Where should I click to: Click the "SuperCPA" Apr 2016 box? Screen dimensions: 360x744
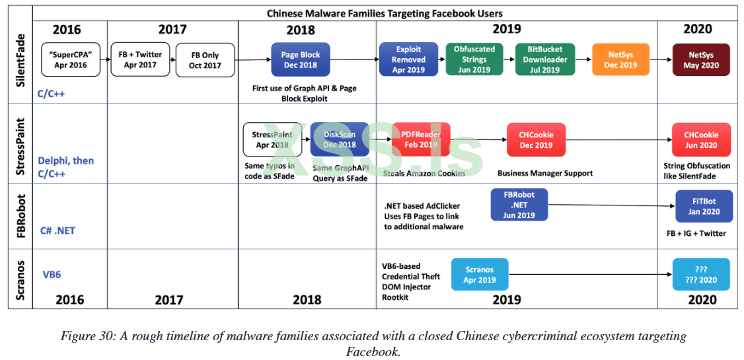pyautogui.click(x=71, y=60)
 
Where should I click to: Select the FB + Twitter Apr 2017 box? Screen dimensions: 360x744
pyautogui.click(x=140, y=60)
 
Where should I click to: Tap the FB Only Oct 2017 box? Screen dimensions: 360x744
pyautogui.click(x=204, y=60)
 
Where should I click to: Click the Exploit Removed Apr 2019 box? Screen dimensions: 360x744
pyautogui.click(x=409, y=59)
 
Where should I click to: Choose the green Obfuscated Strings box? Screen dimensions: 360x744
pyautogui.click(x=475, y=59)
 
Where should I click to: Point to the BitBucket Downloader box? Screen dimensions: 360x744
pyautogui.click(x=544, y=59)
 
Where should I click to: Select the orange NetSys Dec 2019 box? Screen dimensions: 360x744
pyautogui.click(x=620, y=60)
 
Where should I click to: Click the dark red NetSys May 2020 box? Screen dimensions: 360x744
pyautogui.click(x=700, y=60)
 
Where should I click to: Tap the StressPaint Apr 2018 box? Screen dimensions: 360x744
pyautogui.click(x=272, y=139)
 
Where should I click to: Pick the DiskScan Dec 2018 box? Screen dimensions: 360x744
pyautogui.click(x=340, y=139)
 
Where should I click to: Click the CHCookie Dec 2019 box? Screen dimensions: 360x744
pyautogui.click(x=536, y=139)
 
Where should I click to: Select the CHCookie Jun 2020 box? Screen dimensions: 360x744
pyautogui.click(x=700, y=139)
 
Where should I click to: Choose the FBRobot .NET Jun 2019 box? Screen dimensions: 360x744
pyautogui.click(x=519, y=205)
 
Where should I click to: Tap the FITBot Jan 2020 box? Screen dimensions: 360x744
pyautogui.click(x=704, y=207)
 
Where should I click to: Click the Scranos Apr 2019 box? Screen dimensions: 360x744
pyautogui.click(x=480, y=274)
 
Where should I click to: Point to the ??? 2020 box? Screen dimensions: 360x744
pyautogui.click(x=700, y=274)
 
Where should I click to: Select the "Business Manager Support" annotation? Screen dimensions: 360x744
pyautogui.click(x=545, y=173)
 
